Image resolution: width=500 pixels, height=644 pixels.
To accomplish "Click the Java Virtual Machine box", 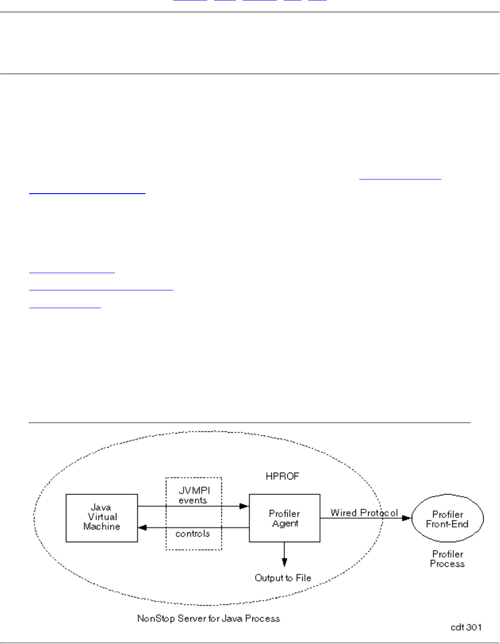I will click(x=101, y=518).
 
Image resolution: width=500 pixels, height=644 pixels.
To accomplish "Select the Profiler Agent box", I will click(x=284, y=518).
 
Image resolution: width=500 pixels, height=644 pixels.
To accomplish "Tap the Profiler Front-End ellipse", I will click(x=447, y=519).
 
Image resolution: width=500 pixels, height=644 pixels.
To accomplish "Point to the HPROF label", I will click(x=282, y=476).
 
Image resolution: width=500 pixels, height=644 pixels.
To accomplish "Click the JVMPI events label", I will click(x=194, y=495).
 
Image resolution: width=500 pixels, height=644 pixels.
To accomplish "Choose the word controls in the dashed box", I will click(x=193, y=534).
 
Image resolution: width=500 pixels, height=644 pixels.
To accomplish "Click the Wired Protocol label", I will click(x=364, y=513).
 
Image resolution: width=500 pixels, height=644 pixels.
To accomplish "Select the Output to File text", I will click(x=283, y=578).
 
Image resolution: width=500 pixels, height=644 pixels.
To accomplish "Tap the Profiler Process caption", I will click(x=447, y=559).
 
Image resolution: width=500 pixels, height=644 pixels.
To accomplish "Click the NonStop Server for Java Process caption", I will click(x=209, y=618).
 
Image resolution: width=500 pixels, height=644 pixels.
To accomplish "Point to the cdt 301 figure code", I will click(x=466, y=627).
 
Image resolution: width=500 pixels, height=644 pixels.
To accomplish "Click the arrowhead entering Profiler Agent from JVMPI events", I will click(x=245, y=506).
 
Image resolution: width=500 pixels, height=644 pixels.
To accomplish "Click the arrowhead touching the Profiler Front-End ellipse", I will click(x=407, y=518).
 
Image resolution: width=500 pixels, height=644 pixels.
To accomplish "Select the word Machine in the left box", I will click(x=101, y=526).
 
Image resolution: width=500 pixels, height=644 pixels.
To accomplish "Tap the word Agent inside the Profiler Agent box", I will click(x=285, y=524).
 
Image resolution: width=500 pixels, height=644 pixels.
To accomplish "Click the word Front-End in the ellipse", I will click(x=447, y=524).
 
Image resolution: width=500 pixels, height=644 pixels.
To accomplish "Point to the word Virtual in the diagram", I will click(x=102, y=517).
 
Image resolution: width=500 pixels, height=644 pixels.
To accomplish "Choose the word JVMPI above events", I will click(x=194, y=491).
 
